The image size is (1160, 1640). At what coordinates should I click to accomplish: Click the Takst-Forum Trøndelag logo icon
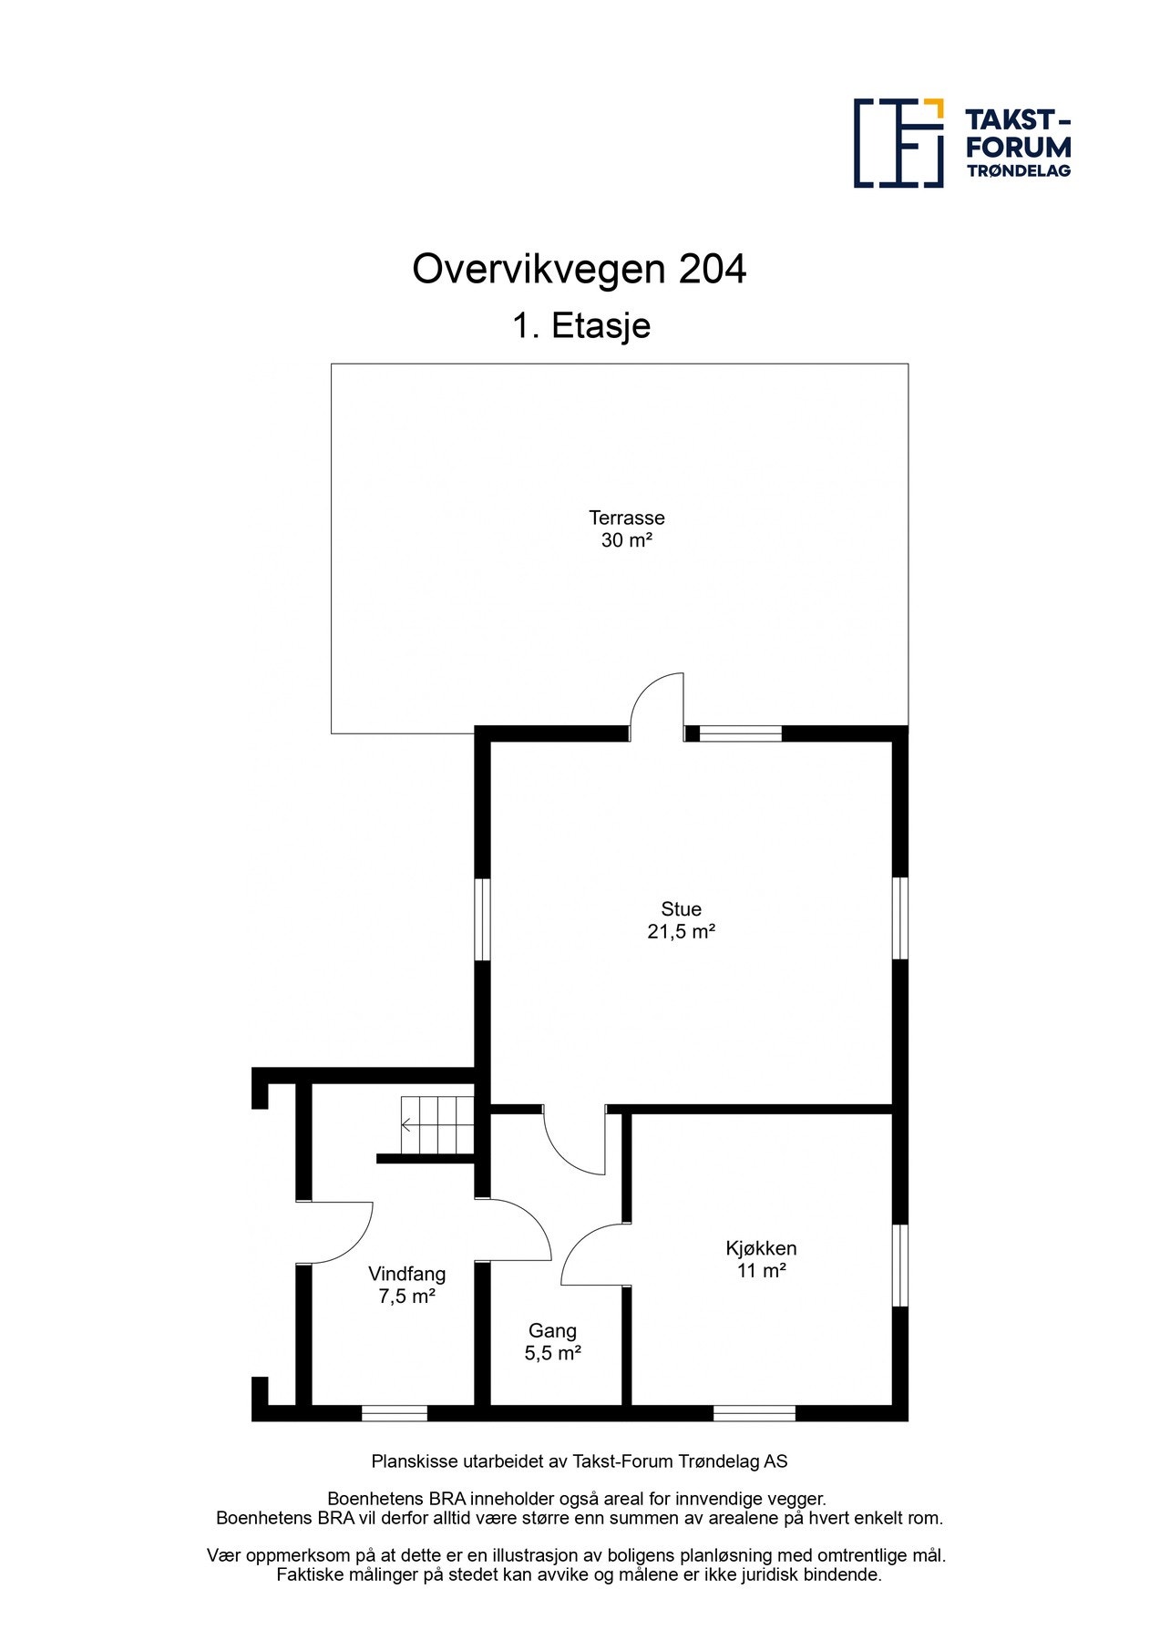[x=898, y=143]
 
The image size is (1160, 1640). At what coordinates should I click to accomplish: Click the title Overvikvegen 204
[x=579, y=270]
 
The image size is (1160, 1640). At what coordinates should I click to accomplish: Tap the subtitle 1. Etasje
[x=580, y=325]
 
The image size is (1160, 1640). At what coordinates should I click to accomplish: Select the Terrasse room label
[x=626, y=518]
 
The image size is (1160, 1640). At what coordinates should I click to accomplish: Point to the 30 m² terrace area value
[x=626, y=540]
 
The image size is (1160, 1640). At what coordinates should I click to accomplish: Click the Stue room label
[x=681, y=908]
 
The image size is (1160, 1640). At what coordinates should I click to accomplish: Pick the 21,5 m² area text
[x=681, y=931]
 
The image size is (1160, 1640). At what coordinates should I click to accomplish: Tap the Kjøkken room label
[x=761, y=1248]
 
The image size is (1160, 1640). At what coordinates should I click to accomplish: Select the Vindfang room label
[x=406, y=1274]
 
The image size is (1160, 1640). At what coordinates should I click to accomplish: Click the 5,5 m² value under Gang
[x=552, y=1353]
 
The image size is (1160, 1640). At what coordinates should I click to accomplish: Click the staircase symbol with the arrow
[x=437, y=1125]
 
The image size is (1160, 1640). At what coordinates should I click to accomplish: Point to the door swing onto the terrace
[x=658, y=704]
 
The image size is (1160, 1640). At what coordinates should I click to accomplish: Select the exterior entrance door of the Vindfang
[x=337, y=1232]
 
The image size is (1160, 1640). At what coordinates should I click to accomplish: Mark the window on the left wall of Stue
[x=483, y=918]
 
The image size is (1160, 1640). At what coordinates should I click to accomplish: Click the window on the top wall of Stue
[x=740, y=733]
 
